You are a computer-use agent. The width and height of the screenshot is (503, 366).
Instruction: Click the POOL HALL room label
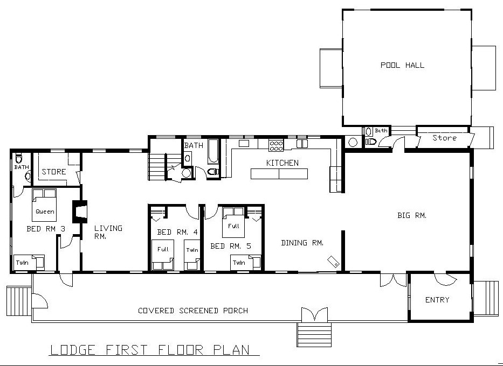tap(402, 65)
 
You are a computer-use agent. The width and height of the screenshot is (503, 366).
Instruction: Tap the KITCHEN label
tap(282, 163)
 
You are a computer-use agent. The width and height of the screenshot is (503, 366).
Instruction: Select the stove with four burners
tap(276, 146)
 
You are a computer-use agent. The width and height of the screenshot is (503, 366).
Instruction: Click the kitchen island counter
tap(279, 173)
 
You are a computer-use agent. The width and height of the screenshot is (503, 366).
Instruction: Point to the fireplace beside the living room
tap(80, 212)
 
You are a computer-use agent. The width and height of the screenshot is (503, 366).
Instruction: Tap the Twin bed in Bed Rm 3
tap(29, 262)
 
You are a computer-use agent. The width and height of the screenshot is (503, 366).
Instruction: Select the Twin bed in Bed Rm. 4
tap(192, 255)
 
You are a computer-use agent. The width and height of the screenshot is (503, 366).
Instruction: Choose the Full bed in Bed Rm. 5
tap(233, 222)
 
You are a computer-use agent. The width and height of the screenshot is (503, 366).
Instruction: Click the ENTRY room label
tap(437, 300)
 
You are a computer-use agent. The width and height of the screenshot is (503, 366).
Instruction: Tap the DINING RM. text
tap(302, 243)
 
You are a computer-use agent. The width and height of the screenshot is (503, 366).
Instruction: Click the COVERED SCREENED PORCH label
tap(193, 311)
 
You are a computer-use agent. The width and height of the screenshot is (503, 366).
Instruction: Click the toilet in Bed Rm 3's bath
tap(19, 158)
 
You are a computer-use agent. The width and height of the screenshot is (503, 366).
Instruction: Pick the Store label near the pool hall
tap(444, 138)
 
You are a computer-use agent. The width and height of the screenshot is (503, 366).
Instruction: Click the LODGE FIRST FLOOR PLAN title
tap(150, 350)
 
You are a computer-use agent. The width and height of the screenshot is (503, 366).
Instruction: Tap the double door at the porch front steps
tap(315, 314)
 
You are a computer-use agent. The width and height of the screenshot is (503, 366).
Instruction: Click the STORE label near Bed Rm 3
tap(53, 172)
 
